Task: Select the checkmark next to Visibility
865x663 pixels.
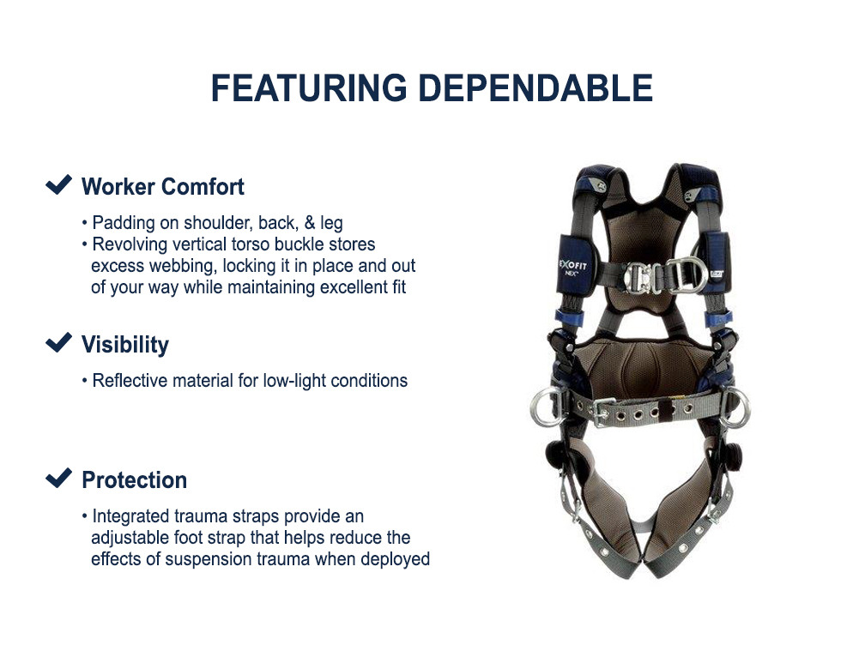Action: (x=58, y=343)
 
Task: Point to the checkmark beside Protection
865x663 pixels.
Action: (x=58, y=478)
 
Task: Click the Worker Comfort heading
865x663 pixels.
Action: (x=163, y=187)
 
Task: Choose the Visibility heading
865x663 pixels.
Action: (x=125, y=345)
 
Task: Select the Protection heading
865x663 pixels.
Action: (x=134, y=480)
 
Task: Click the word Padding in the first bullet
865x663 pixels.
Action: (x=124, y=224)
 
